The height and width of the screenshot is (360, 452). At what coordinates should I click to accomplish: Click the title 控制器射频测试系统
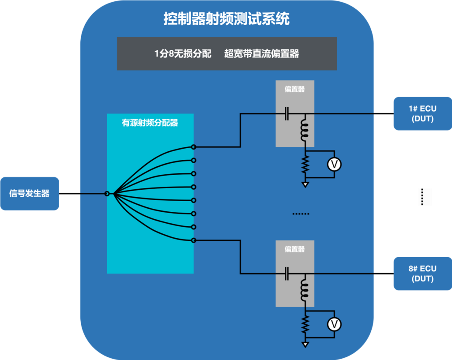(226, 19)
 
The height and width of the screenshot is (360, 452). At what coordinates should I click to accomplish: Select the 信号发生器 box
(30, 193)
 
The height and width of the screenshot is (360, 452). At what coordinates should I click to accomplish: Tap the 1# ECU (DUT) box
(422, 113)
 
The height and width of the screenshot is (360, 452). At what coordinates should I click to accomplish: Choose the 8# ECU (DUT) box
(422, 274)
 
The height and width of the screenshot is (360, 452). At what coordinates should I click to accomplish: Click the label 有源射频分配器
(150, 123)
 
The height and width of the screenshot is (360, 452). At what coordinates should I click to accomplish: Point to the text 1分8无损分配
(183, 54)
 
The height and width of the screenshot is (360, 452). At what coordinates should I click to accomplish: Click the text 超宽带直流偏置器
(261, 54)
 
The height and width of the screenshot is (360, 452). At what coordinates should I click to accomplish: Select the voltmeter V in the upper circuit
(334, 165)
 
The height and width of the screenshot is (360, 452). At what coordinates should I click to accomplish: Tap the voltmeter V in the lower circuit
(334, 325)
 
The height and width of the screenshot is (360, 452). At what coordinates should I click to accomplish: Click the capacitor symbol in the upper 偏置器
(287, 114)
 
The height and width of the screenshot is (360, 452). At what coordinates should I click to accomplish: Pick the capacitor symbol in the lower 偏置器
(287, 274)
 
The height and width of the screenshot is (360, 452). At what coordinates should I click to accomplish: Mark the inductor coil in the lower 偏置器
(304, 289)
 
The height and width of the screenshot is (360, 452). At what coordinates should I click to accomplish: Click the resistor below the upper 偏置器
(305, 165)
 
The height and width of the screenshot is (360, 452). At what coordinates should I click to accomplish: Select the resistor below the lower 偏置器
(305, 325)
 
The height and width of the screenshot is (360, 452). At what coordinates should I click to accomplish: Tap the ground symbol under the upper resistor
(305, 184)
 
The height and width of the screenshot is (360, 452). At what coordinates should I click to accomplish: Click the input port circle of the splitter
(107, 193)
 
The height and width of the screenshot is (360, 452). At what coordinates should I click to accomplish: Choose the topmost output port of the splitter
(193, 146)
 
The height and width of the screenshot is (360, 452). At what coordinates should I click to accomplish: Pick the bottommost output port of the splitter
(193, 240)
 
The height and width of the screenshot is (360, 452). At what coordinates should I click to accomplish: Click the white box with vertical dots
(425, 197)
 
